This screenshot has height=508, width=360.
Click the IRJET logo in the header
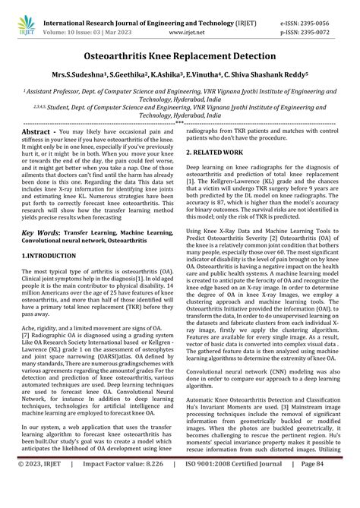24,15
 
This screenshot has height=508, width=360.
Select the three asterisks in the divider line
179,121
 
